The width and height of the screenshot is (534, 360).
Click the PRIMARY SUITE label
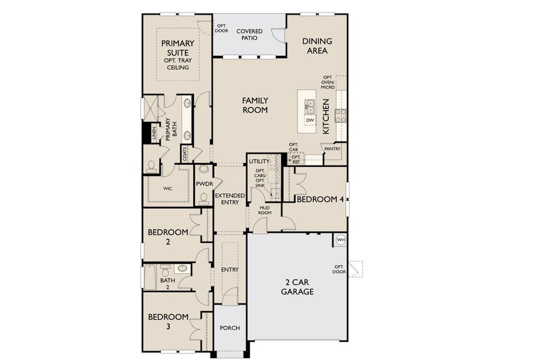click(178, 47)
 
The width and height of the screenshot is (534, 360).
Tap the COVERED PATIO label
click(250, 34)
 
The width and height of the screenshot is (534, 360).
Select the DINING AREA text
click(317, 46)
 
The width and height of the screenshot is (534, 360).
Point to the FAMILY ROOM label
click(255, 105)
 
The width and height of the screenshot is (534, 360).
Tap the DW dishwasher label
click(310, 121)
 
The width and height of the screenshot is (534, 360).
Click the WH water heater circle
click(341, 240)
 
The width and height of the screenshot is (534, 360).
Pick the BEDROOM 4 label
click(320, 199)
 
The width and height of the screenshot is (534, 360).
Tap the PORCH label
click(230, 328)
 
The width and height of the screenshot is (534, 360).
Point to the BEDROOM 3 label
click(168, 321)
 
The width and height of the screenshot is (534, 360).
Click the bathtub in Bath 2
click(149, 278)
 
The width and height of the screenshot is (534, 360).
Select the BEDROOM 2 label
click(168, 236)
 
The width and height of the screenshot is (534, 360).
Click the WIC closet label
click(167, 188)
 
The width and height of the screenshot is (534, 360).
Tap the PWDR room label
click(204, 184)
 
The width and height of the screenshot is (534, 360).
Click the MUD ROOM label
click(266, 210)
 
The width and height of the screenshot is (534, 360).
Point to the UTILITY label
click(260, 161)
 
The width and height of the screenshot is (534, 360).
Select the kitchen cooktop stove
click(341, 116)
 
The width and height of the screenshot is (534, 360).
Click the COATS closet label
click(185, 154)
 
